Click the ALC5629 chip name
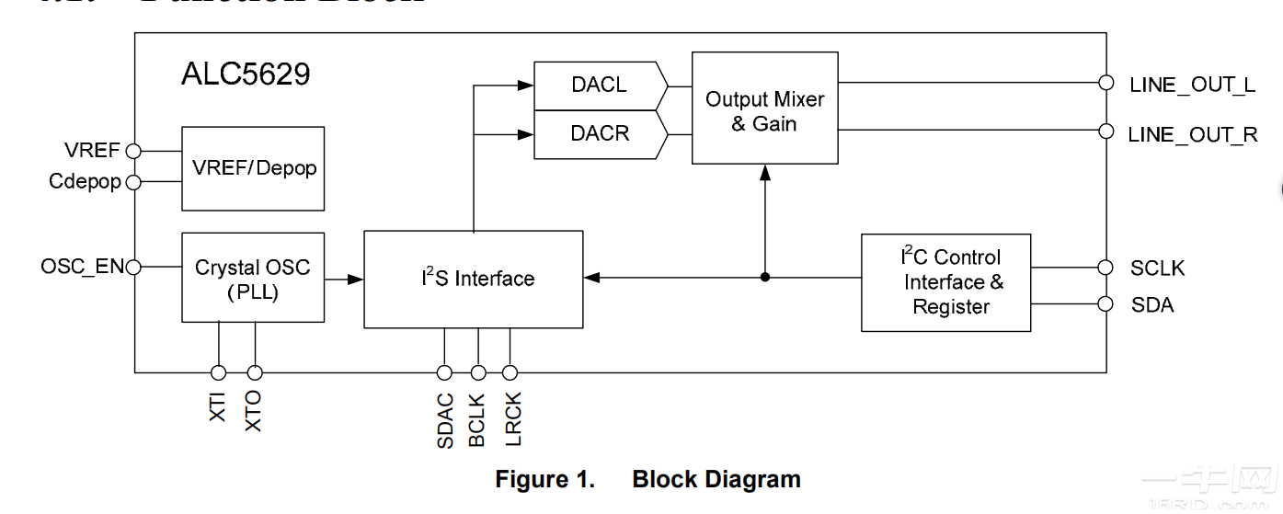tap(246, 74)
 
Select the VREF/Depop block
tap(253, 168)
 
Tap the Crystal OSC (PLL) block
tap(253, 278)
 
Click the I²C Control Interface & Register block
tap(945, 282)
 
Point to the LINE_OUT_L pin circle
tap(1106, 83)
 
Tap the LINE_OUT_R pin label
tap(1192, 134)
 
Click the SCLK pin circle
tap(1106, 268)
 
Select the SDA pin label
tap(1151, 304)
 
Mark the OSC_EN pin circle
tap(133, 268)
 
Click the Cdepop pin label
tap(85, 182)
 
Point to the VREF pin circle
tap(133, 151)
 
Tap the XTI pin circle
tap(218, 372)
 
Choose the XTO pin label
tap(254, 411)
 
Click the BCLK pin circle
tap(477, 372)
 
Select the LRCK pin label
tap(512, 419)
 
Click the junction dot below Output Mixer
tap(764, 277)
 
